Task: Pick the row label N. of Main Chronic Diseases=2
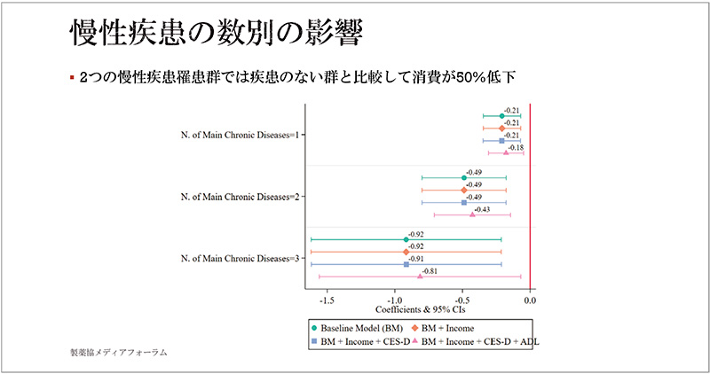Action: pyautogui.click(x=239, y=196)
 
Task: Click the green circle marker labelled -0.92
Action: pyautogui.click(x=406, y=239)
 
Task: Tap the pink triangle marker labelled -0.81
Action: pyautogui.click(x=421, y=277)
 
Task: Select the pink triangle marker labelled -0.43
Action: pyautogui.click(x=472, y=214)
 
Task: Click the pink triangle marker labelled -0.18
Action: pyautogui.click(x=506, y=152)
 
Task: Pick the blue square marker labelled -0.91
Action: pyautogui.click(x=406, y=264)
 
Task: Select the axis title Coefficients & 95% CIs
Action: pyautogui.click(x=418, y=311)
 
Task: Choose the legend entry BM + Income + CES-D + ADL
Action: pyautogui.click(x=478, y=341)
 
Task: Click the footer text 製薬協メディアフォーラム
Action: pyautogui.click(x=118, y=353)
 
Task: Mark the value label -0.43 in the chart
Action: pyautogui.click(x=480, y=208)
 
